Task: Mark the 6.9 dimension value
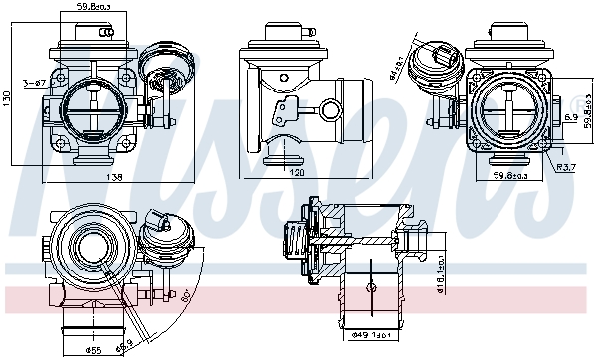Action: tap(572, 118)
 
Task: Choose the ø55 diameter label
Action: tap(95, 351)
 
